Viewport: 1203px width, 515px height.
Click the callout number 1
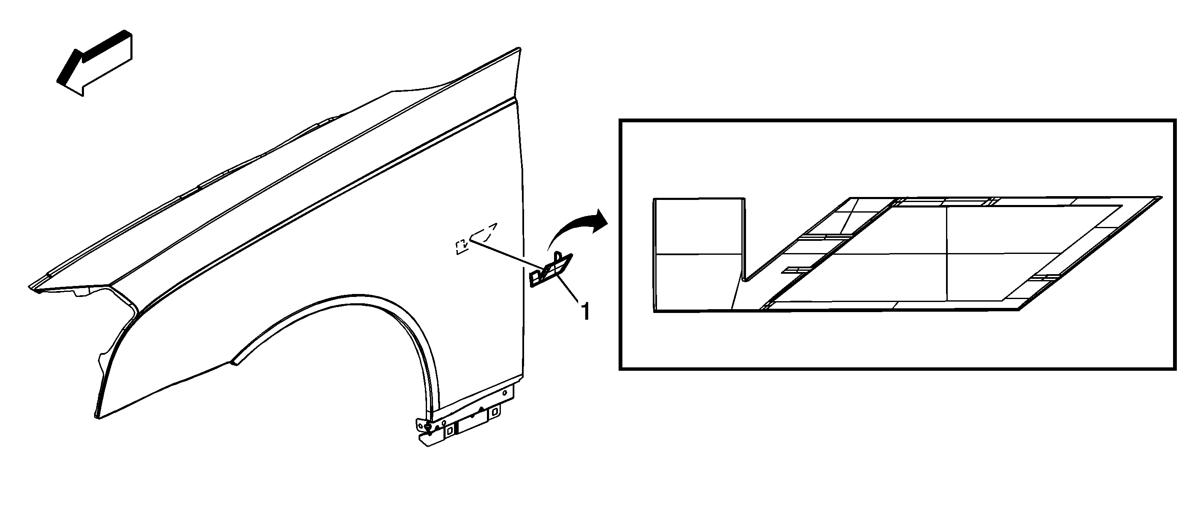tap(584, 312)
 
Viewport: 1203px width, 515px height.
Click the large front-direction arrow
tap(95, 63)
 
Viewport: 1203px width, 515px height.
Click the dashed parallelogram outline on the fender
tap(483, 232)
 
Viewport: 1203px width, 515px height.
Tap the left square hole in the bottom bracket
tap(449, 431)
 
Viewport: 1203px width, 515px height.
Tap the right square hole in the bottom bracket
tap(494, 413)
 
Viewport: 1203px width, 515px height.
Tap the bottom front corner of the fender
tap(98, 418)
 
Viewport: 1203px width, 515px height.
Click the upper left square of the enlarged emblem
tap(697, 226)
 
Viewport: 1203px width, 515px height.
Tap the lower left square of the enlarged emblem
tap(696, 283)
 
